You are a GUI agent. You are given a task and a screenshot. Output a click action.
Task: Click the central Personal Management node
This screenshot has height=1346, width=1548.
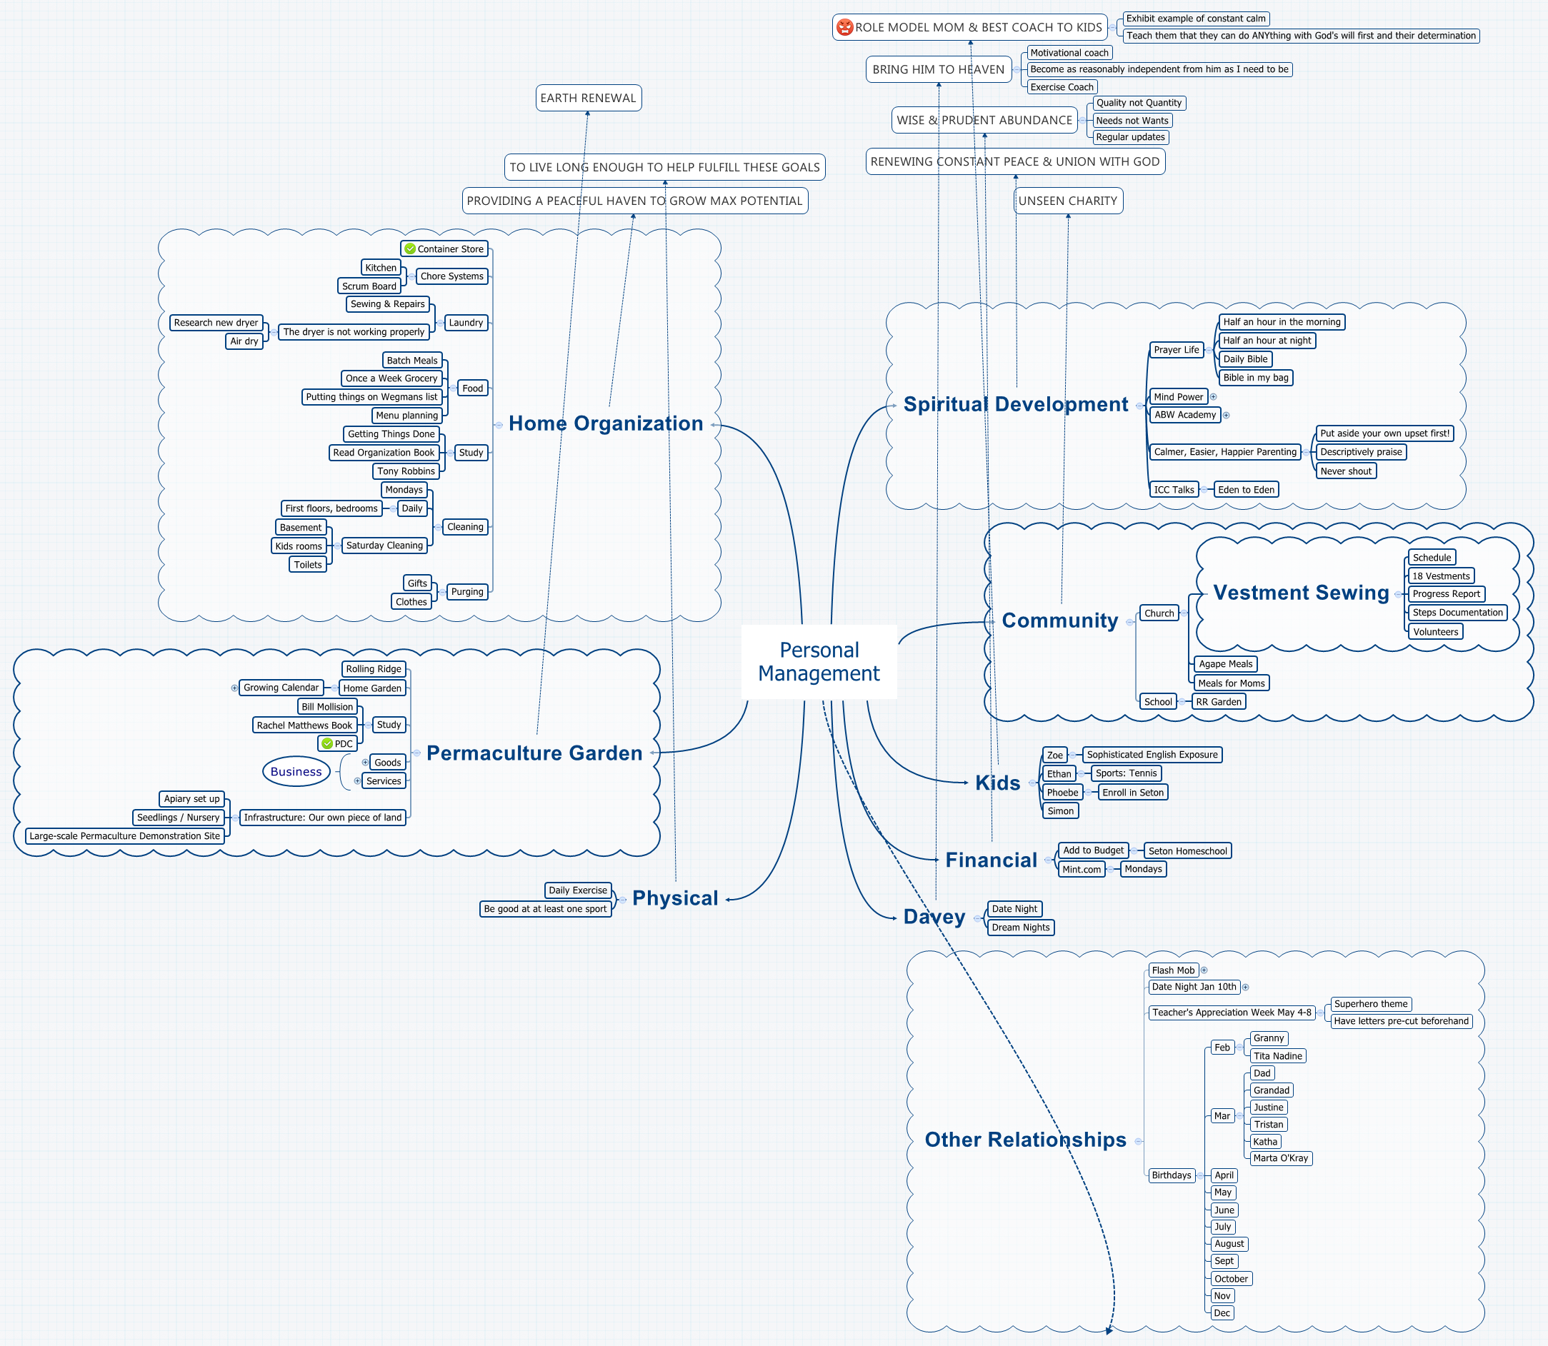point(819,662)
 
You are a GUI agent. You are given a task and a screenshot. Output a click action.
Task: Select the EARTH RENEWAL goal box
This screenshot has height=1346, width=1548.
point(589,98)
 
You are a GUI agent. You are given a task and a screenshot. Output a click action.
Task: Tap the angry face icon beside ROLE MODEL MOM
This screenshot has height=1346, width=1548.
point(844,28)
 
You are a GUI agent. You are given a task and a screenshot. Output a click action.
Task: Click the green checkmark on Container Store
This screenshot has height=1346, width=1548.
point(409,248)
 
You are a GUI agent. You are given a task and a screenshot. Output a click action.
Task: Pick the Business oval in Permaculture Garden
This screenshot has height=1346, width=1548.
point(296,771)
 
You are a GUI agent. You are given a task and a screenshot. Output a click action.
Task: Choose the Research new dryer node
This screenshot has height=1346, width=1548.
point(216,323)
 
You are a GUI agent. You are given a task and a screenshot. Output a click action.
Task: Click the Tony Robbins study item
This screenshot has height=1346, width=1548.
point(406,471)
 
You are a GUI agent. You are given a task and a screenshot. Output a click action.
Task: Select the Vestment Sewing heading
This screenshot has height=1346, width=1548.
point(1301,593)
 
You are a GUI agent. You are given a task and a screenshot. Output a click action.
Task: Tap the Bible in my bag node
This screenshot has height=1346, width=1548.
point(1255,378)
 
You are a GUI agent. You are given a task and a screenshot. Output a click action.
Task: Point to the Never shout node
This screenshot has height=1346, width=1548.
point(1346,471)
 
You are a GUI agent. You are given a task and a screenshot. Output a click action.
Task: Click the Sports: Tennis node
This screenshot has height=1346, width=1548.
point(1126,773)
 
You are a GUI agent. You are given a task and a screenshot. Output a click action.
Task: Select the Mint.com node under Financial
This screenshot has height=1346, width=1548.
point(1082,869)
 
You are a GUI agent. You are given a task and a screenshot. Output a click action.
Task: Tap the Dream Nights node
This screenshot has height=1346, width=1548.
point(1021,928)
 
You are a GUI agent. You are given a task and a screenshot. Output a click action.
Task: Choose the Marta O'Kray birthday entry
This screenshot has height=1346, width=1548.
point(1281,1158)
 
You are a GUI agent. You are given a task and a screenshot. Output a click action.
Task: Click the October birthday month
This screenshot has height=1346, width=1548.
point(1231,1278)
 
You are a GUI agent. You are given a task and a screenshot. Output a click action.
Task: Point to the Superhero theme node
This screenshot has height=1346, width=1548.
point(1371,1004)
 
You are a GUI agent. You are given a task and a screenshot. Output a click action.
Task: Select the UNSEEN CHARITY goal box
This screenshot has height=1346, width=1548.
point(1068,201)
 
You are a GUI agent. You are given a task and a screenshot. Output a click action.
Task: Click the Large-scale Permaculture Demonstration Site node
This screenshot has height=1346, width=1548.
point(125,836)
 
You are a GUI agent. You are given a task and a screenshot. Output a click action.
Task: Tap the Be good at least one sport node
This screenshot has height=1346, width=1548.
point(545,909)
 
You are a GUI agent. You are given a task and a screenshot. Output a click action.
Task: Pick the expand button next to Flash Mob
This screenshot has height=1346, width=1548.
point(1204,970)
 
